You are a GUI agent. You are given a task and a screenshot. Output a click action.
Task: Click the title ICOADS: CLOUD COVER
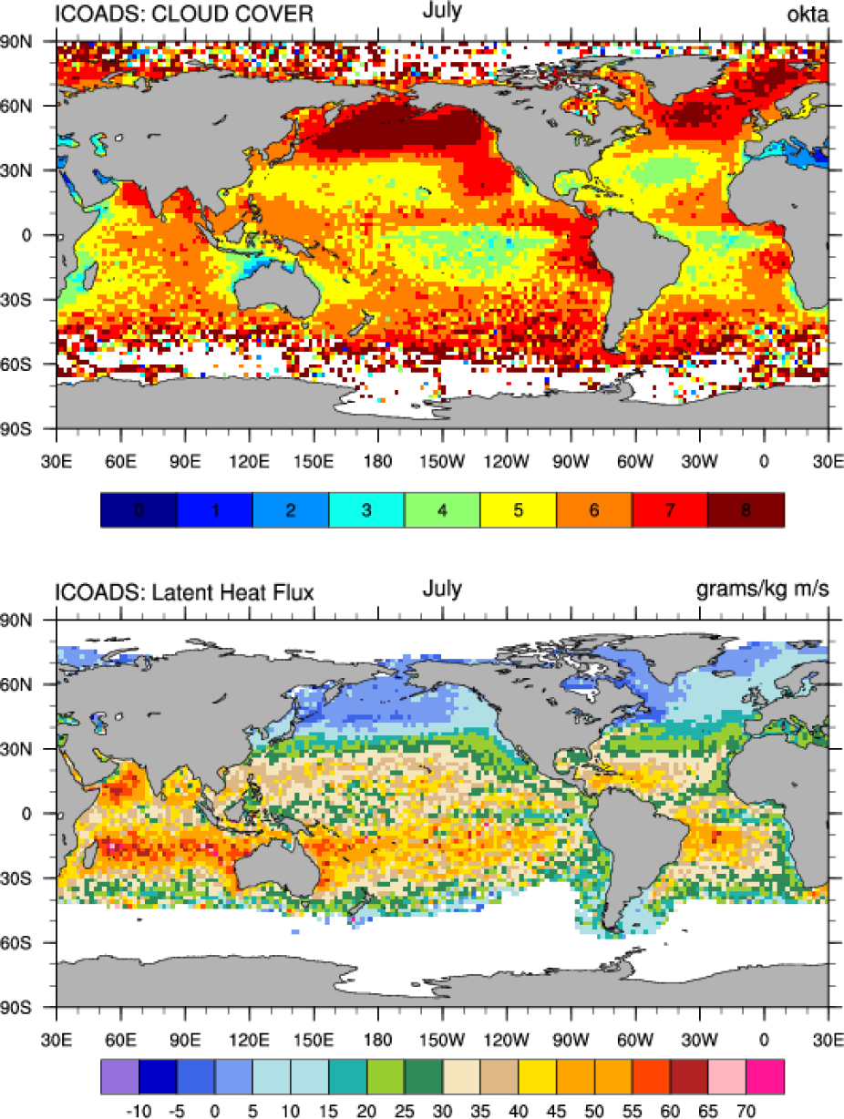(x=185, y=14)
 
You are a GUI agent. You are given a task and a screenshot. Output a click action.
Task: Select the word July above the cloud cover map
(x=442, y=11)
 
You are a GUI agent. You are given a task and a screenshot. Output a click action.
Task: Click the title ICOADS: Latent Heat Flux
(x=185, y=593)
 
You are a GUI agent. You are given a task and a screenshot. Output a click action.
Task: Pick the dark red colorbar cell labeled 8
(x=746, y=509)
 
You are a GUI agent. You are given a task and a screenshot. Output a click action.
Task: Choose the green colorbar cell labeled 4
(x=442, y=509)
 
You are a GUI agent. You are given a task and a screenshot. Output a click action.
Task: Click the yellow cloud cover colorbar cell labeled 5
(x=518, y=509)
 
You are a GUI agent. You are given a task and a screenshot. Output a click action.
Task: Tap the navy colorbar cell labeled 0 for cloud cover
(x=138, y=509)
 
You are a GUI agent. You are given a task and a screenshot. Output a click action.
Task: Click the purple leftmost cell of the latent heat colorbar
(x=118, y=1075)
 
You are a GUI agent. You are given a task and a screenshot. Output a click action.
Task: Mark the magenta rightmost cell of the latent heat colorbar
(x=765, y=1075)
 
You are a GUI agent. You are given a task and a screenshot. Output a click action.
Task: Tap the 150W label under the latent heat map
(x=442, y=1040)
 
